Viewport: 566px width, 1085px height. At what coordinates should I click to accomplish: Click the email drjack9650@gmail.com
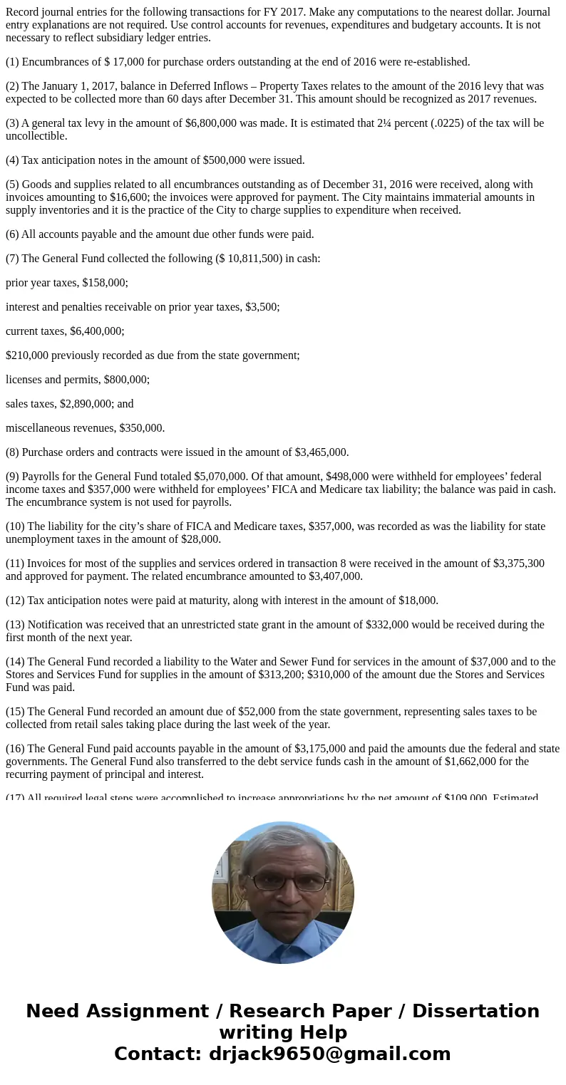click(x=329, y=1054)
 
